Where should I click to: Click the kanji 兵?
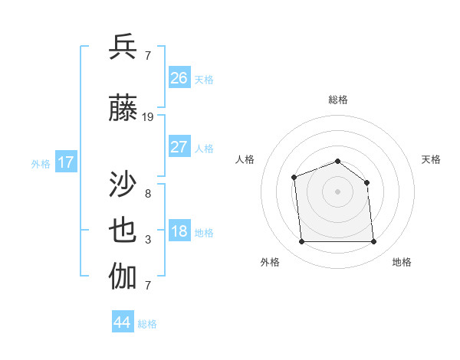pos(123,47)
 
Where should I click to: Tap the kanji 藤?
pos(123,109)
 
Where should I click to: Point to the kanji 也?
pos(123,231)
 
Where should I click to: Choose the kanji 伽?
pos(123,277)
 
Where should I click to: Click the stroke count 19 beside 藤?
pos(148,117)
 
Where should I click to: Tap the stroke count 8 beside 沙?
pos(148,193)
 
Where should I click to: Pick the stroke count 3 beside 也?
pos(148,240)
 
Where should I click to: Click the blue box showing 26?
pos(179,78)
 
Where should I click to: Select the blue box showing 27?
pos(179,147)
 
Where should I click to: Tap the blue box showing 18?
pos(179,232)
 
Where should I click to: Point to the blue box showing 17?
pos(65,162)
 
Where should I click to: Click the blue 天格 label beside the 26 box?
pos(204,79)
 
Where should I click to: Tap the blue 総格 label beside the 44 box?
pos(147,324)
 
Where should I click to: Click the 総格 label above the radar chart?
pos(337,100)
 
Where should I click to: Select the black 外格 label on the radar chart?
pos(270,262)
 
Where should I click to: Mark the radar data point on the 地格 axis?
pos(373,242)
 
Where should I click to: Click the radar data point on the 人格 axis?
pos(294,178)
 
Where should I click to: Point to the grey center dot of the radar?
pos(337,191)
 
